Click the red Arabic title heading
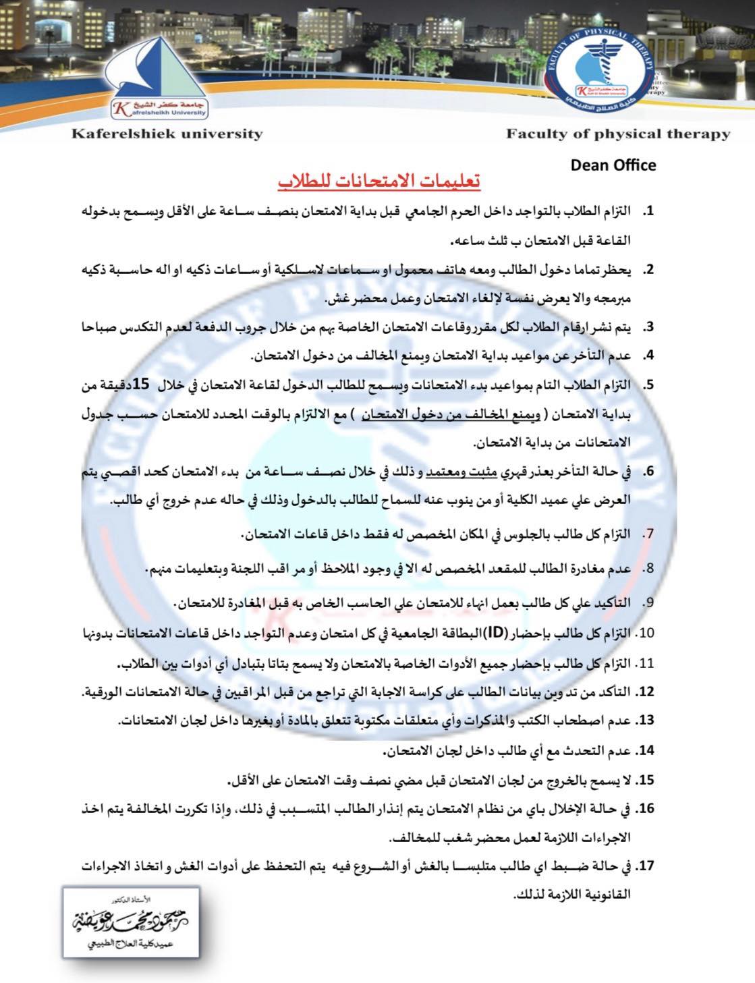click(x=378, y=183)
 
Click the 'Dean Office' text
click(x=613, y=165)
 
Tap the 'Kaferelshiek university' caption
click(x=167, y=134)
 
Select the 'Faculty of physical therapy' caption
click(x=618, y=134)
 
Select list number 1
click(x=648, y=212)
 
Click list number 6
click(x=648, y=472)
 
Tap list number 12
click(x=646, y=692)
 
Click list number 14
click(x=646, y=750)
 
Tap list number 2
click(x=648, y=270)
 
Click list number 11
click(x=646, y=663)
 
